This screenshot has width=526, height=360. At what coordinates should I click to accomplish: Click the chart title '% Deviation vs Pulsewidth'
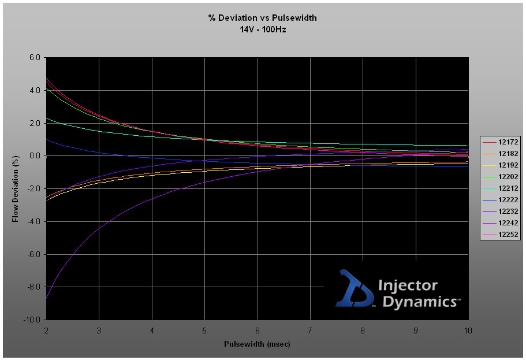tap(263, 18)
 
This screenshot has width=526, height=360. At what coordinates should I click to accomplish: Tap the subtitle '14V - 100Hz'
tap(263, 29)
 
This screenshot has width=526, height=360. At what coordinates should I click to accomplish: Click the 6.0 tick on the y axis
tap(33, 58)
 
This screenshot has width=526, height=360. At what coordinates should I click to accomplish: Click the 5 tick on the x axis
tap(204, 331)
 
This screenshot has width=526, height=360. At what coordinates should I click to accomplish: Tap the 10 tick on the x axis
tap(468, 331)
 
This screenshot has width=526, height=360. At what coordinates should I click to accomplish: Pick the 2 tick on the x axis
tap(46, 331)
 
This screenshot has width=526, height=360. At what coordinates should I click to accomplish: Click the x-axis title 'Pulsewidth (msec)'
tap(257, 344)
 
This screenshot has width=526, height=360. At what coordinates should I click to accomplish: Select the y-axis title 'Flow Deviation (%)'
tap(16, 188)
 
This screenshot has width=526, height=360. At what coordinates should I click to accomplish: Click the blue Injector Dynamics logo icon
tap(353, 288)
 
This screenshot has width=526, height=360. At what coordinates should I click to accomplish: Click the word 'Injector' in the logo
tap(408, 285)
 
